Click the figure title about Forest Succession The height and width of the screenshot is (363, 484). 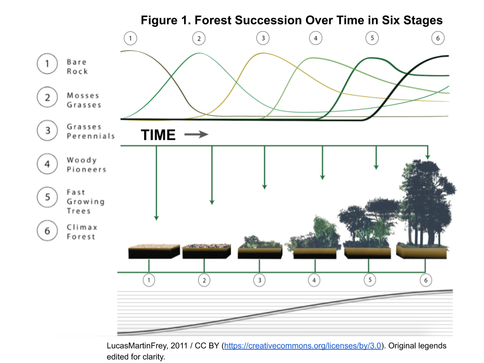[291, 20]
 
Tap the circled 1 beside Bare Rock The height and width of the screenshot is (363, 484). [47, 65]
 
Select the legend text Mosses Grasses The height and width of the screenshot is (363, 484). [84, 100]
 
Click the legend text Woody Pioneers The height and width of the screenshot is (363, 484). [86, 164]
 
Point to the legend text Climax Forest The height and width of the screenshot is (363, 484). [81, 232]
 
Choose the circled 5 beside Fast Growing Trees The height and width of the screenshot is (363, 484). [47, 197]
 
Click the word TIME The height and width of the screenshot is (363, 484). [158, 135]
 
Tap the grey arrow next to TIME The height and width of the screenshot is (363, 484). [196, 135]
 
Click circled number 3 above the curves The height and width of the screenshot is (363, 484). [262, 38]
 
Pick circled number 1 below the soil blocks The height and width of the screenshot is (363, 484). [149, 279]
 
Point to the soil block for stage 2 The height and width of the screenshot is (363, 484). [206, 251]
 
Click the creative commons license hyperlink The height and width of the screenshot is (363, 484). [302, 346]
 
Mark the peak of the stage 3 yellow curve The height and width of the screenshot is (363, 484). [262, 53]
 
